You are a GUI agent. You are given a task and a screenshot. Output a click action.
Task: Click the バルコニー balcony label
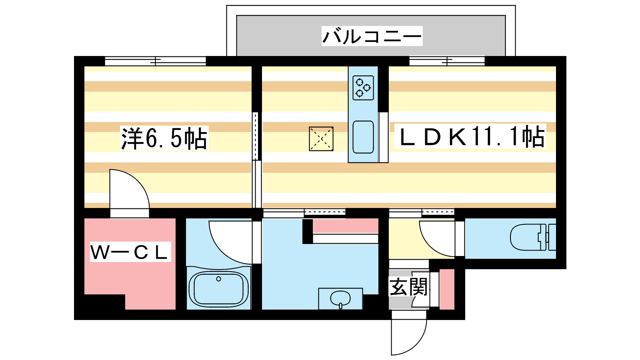point(372,36)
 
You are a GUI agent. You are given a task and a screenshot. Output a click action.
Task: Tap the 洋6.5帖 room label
point(164,138)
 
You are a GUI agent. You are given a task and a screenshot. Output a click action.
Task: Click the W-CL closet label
point(129,252)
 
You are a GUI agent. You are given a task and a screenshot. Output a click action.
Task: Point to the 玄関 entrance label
point(408,287)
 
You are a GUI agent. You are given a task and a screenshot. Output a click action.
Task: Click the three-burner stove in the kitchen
point(363,88)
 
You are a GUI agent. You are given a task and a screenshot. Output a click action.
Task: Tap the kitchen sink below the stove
point(363,137)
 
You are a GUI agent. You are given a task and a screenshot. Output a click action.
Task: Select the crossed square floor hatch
point(321,139)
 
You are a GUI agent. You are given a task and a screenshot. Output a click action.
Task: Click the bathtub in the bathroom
point(218,288)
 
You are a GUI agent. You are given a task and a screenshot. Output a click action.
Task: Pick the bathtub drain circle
point(218,279)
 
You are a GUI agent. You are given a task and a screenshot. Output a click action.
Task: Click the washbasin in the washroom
point(340,298)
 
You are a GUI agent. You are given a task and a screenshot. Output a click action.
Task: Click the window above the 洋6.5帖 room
point(155,61)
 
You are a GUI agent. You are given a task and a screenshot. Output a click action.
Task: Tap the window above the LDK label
point(447,61)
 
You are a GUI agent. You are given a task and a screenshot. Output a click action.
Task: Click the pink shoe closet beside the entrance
point(447,289)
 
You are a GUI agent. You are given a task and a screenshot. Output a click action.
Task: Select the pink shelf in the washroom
point(345,226)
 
